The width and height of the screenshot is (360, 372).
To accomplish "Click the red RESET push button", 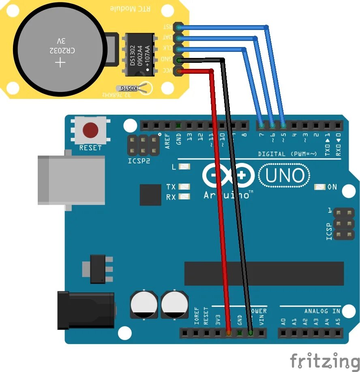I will pyautogui.click(x=90, y=130).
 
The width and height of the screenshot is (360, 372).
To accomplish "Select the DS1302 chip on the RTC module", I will pyautogui.click(x=139, y=54).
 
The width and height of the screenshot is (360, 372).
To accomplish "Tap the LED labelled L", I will pyautogui.click(x=184, y=167).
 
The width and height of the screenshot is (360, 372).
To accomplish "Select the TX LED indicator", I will pyautogui.click(x=184, y=187).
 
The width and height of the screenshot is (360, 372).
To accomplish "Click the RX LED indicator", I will pyautogui.click(x=184, y=197).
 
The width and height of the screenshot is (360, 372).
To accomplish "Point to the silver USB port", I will pyautogui.click(x=71, y=180).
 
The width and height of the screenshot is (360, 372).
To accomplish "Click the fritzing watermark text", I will pyautogui.click(x=324, y=360).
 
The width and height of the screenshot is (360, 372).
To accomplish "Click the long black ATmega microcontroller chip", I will pyautogui.click(x=264, y=274).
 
